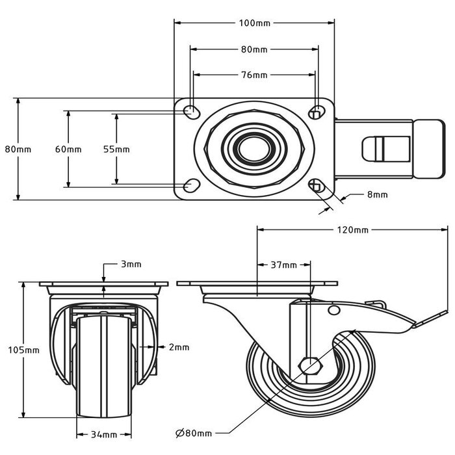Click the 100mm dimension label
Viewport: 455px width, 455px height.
coord(254,23)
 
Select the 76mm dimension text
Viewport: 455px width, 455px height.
coord(254,75)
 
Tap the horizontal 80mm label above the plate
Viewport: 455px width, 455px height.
coord(254,49)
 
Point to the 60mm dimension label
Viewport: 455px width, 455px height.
coord(68,149)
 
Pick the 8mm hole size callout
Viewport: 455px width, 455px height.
coord(377,194)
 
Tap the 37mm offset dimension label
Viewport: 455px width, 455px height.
coord(284,265)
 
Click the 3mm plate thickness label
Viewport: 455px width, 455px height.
coord(131,265)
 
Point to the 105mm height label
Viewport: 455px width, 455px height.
coord(26,350)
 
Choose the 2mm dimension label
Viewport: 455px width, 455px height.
coord(178,347)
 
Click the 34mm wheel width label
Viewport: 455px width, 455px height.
coord(103,435)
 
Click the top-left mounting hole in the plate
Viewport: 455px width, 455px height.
coord(192,111)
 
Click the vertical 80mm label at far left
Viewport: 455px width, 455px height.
coord(18,149)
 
